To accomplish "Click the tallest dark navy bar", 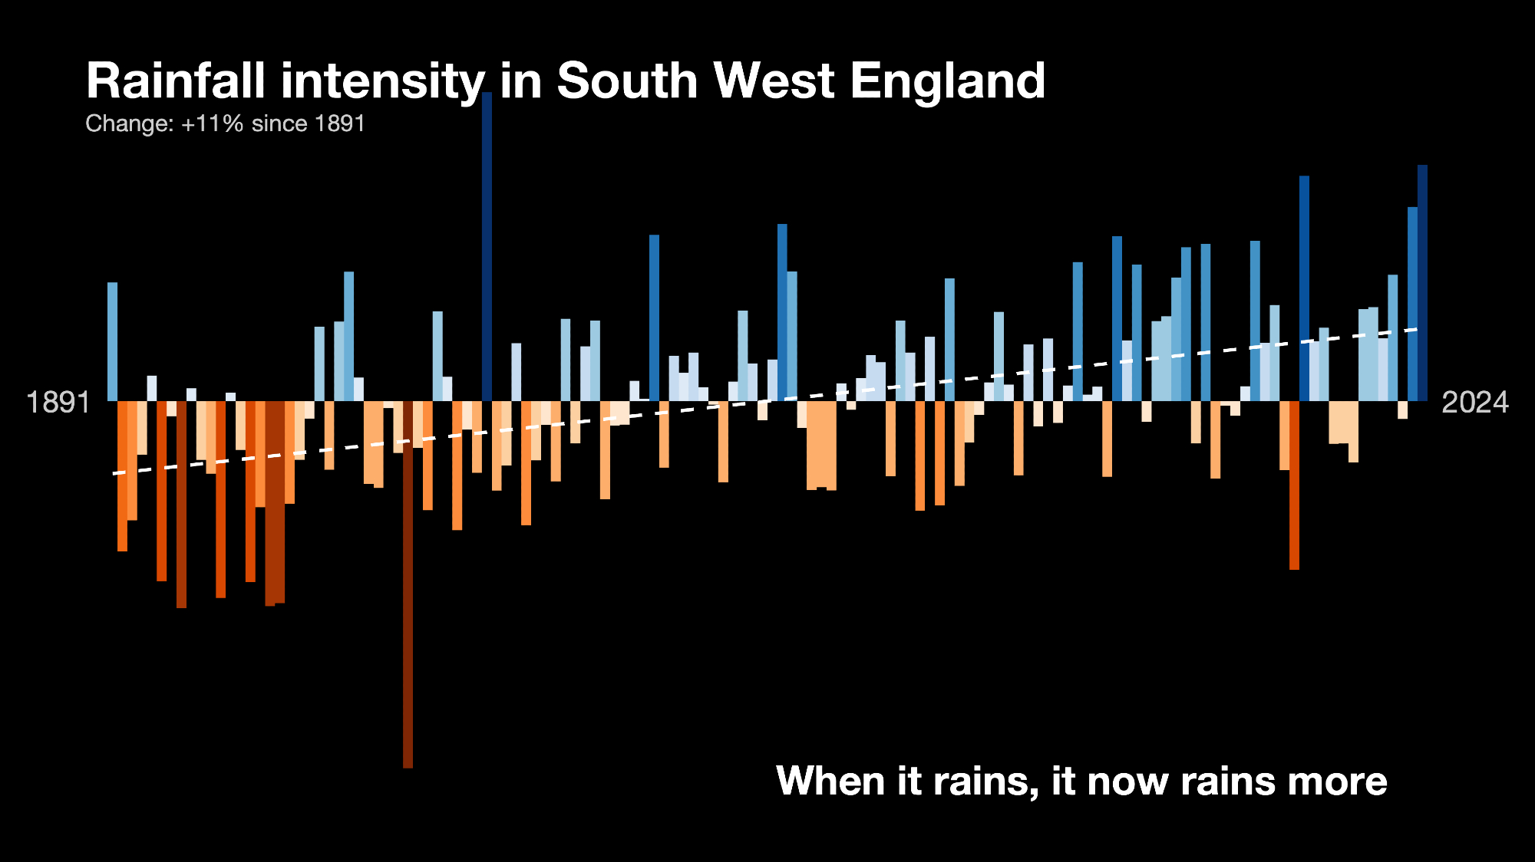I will point(487,245).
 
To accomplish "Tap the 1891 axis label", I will point(58,402).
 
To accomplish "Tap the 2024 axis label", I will point(1475,402).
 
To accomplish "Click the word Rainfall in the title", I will point(176,81).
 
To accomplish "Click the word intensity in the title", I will point(383,81).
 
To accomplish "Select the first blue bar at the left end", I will point(112,341).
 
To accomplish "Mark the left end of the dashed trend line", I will point(114,473).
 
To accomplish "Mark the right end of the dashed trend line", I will point(1417,329).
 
